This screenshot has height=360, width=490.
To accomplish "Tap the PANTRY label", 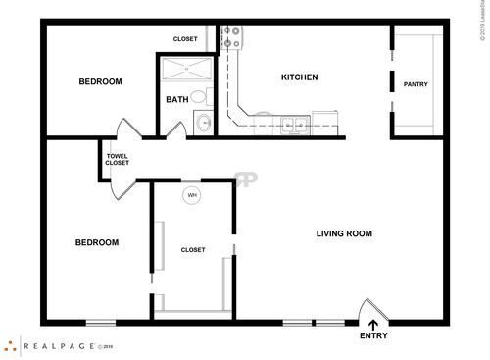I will click(416, 84).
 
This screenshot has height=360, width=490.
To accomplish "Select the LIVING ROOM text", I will click(344, 233).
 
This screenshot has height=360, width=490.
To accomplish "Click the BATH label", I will click(177, 99).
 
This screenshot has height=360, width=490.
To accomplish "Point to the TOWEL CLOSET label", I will click(117, 159).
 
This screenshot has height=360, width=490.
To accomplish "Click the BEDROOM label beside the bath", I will click(100, 82).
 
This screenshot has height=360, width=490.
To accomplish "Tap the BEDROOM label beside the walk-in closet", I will click(97, 242).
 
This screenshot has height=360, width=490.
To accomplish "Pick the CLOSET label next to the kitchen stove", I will click(185, 39).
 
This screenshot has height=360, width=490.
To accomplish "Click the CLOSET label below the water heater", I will click(193, 250).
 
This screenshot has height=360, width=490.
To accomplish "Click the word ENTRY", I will click(373, 336).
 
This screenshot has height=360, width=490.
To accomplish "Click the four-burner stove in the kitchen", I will click(232, 38).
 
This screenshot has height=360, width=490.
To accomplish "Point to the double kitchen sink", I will click(291, 124).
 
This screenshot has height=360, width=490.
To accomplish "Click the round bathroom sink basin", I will click(203, 123).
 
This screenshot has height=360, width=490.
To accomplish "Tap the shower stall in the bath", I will click(182, 70).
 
